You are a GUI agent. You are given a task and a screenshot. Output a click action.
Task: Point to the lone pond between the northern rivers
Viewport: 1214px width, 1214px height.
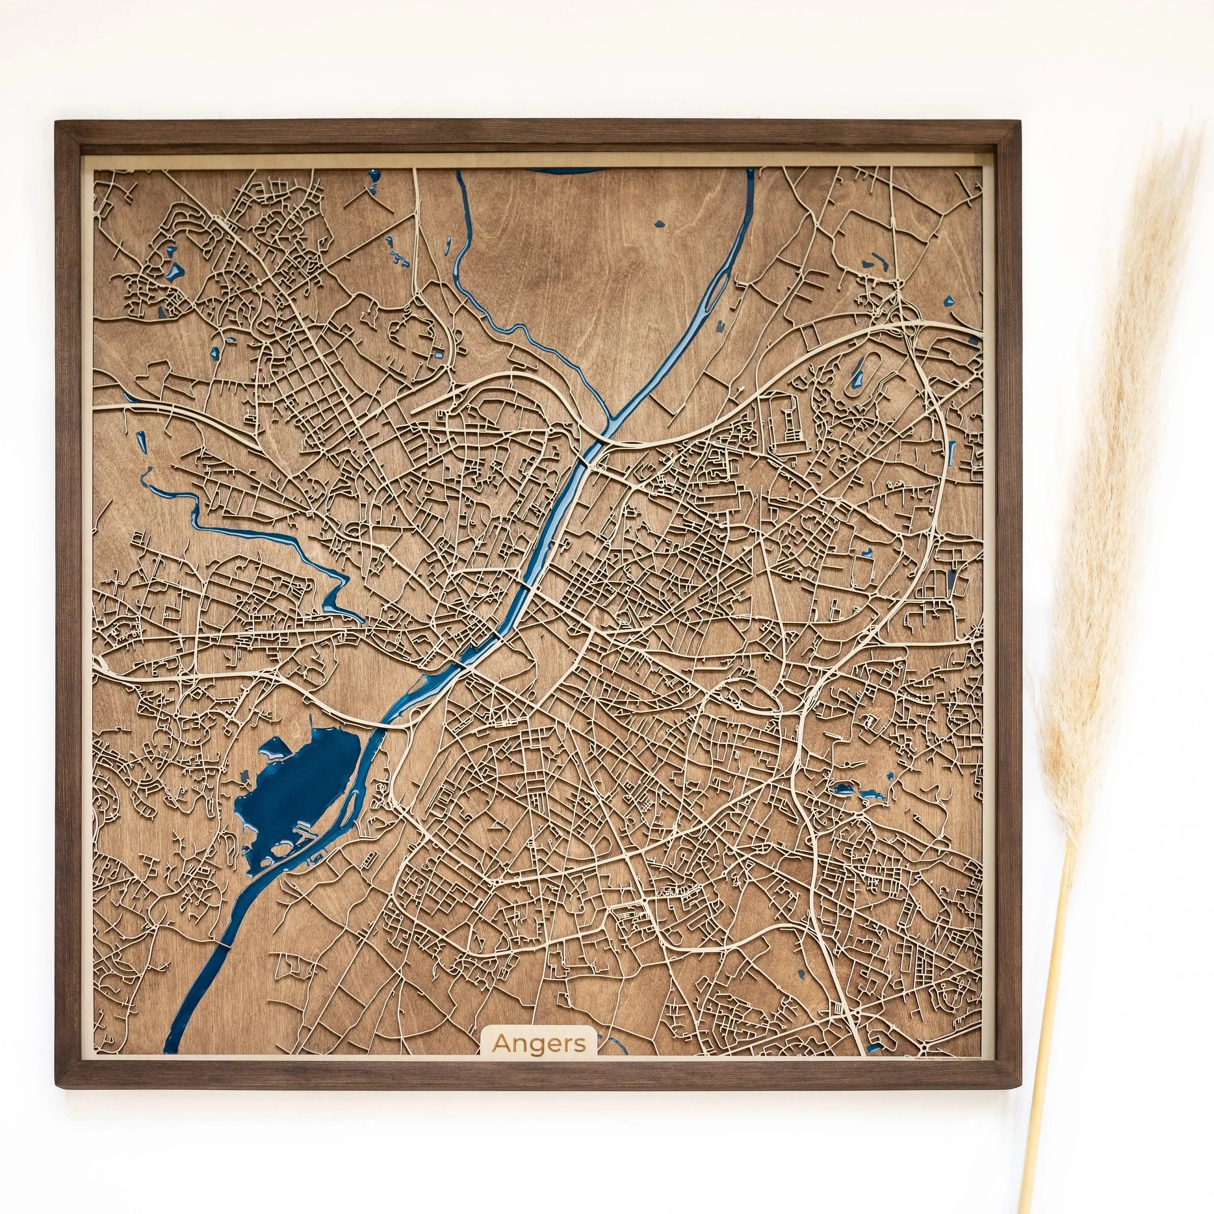[658, 223]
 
